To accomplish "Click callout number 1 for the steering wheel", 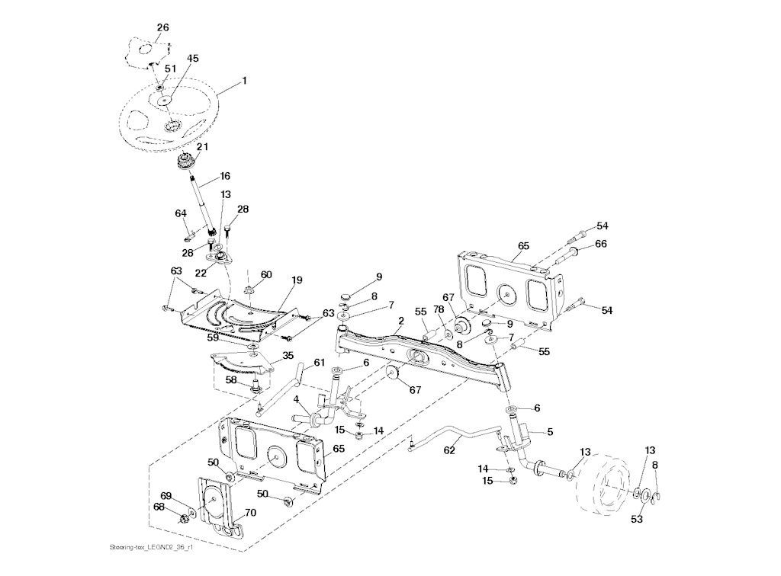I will click(x=244, y=80).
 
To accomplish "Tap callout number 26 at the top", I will click(x=162, y=27).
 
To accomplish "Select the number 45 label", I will click(x=193, y=59).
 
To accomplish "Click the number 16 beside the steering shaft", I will click(x=225, y=175).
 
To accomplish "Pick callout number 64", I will click(x=181, y=213).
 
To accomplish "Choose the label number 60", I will click(x=266, y=274).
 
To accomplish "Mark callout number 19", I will click(x=297, y=280).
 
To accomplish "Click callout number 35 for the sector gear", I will click(x=288, y=355).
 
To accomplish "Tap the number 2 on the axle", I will click(x=401, y=322).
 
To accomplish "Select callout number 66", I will click(x=601, y=244).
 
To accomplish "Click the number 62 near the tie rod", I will click(x=449, y=450).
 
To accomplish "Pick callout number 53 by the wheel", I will click(x=637, y=520).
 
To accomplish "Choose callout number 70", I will click(x=251, y=513).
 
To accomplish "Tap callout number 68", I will click(x=159, y=507).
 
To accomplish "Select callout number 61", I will click(x=319, y=363).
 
